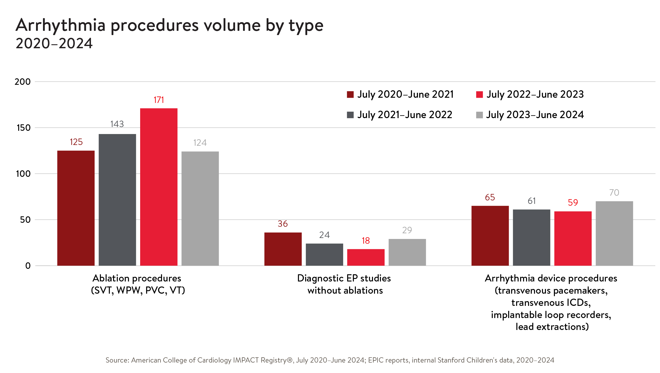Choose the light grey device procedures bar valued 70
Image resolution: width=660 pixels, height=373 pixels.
point(614,233)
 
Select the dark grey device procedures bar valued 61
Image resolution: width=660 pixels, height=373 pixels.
point(531,237)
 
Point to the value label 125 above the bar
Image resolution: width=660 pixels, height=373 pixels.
point(76,142)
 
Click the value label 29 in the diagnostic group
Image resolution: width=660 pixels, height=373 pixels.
point(407,230)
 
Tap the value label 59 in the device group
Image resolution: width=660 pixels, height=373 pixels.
point(573,202)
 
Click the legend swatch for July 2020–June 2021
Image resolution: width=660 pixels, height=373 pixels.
point(350,94)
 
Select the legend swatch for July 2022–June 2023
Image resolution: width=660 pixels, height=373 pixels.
point(479,94)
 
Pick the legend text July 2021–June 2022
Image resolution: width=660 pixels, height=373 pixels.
point(405,115)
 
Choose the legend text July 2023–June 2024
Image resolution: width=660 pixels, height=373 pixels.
point(535,115)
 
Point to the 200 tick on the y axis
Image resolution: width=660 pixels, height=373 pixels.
point(23,82)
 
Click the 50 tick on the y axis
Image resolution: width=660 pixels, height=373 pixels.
point(25,220)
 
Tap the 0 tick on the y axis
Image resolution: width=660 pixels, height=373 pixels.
point(28,266)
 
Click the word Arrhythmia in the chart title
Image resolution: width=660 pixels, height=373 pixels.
point(60,26)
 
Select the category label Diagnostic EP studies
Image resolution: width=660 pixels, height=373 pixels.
point(344,278)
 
